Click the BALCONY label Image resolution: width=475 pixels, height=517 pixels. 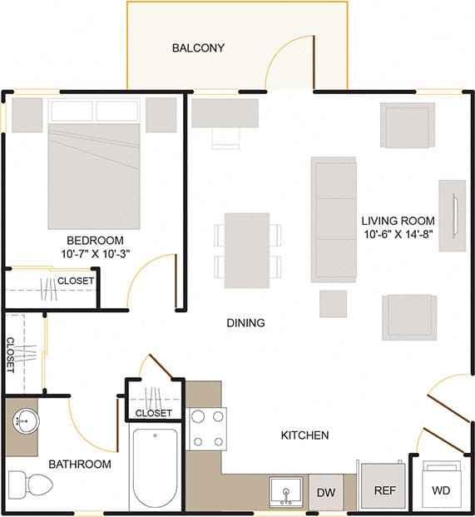(198, 47)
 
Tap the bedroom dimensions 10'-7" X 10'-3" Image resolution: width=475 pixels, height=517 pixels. (95, 253)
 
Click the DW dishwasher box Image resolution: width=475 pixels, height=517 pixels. (326, 492)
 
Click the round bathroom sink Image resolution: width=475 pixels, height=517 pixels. (26, 421)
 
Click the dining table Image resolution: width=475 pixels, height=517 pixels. (247, 250)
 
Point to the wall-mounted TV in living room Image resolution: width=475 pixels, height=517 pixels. (453, 215)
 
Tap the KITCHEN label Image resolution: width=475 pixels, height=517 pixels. (304, 435)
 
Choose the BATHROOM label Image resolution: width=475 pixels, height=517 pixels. (79, 465)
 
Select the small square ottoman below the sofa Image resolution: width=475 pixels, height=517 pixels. (334, 303)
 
